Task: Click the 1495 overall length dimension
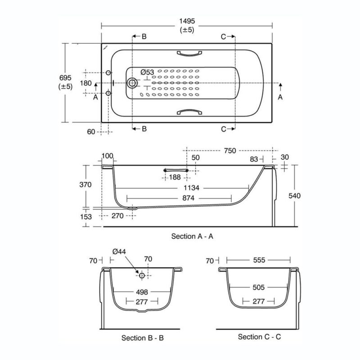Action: coord(187,21)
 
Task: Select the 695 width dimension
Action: coord(65,78)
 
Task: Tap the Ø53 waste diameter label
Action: coord(147,72)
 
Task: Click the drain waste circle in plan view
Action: coord(132,83)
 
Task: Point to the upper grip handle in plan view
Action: coord(189,54)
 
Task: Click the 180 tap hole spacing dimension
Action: coord(85,83)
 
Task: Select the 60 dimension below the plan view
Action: coord(91,132)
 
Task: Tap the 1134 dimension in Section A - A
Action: coord(192,188)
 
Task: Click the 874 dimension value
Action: coord(188,198)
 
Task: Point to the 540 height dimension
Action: coord(294,196)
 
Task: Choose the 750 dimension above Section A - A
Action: coord(230,151)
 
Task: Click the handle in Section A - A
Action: coord(176,170)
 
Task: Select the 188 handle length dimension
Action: coord(175,177)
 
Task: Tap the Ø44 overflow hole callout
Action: coord(119,252)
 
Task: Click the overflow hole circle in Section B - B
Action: coord(142,275)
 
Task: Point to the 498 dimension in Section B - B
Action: coord(142,292)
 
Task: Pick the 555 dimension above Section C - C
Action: coord(259,260)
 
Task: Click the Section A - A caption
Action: coord(192,236)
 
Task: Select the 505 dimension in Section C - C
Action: coord(258,287)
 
